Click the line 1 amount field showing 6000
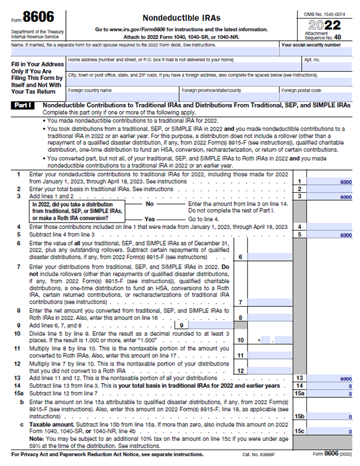(x=330, y=182)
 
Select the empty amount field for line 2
(x=330, y=189)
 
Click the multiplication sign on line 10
(x=258, y=339)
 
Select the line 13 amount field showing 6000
(x=330, y=378)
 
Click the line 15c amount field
(x=330, y=431)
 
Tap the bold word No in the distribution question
(x=149, y=204)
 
